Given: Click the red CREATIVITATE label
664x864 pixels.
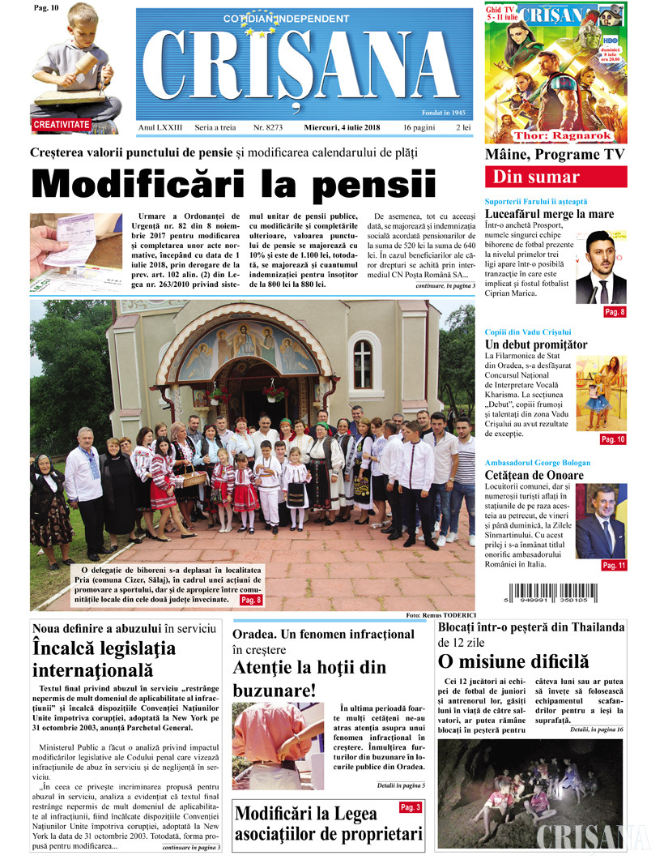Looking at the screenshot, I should click(x=62, y=125).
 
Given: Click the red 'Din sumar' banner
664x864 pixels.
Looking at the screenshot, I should click(x=555, y=178).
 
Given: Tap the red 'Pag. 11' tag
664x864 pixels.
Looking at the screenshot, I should click(x=613, y=565).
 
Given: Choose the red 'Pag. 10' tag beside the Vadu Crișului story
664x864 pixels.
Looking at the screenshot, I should click(x=613, y=439).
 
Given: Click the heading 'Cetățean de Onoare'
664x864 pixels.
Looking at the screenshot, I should click(x=534, y=475).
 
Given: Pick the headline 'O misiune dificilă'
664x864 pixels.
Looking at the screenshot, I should click(x=513, y=661).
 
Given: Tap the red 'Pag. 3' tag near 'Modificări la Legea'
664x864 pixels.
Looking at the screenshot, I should click(x=411, y=807).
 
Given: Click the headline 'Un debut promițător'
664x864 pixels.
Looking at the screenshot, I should click(x=535, y=344).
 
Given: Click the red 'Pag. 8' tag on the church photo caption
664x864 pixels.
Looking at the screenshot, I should click(x=251, y=600).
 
